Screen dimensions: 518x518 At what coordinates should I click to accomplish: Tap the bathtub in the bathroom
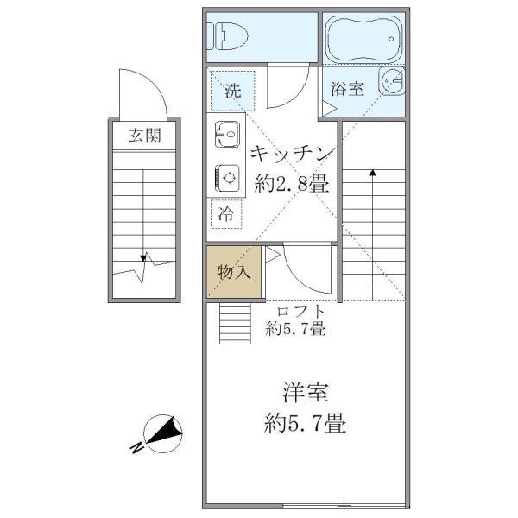click(362, 39)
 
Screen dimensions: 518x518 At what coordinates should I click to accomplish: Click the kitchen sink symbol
click(229, 136)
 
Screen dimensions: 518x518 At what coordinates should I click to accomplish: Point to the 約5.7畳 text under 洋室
click(306, 423)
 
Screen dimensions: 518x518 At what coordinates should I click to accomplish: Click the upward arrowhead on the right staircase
click(372, 173)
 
